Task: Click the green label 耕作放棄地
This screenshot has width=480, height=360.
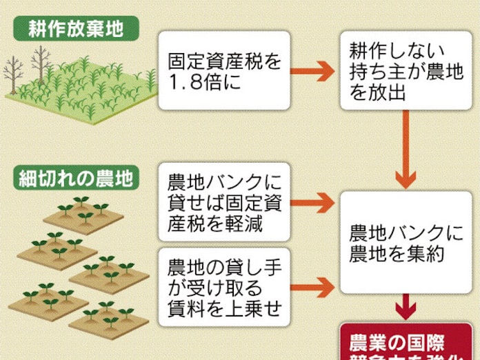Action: click(x=74, y=28)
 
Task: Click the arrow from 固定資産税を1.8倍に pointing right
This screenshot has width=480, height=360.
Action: click(x=310, y=70)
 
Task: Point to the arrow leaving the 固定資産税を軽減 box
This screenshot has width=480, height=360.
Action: click(x=310, y=200)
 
